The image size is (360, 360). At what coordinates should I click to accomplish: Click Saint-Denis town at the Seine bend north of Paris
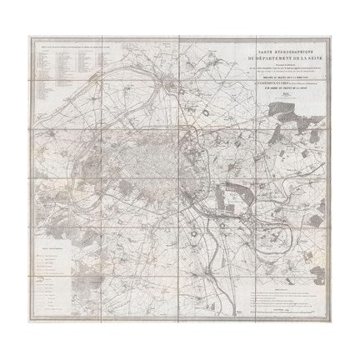[172, 84]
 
